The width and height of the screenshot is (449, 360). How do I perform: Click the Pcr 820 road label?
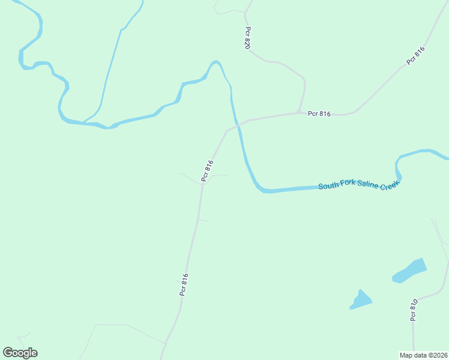point(247,38)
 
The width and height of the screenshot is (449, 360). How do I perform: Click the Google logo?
point(20,352)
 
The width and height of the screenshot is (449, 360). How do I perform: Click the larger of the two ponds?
point(409,270)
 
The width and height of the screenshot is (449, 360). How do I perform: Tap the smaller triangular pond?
point(360,300)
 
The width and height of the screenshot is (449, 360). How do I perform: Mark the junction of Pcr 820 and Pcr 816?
point(298,112)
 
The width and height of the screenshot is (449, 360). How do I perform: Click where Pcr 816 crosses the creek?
point(238,125)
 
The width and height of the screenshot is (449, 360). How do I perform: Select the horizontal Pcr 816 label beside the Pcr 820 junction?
point(319,113)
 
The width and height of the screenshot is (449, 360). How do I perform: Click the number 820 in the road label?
point(247,42)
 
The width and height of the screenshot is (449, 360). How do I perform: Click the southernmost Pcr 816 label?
point(184,284)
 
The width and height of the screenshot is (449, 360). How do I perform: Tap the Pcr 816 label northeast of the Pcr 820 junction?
point(415,55)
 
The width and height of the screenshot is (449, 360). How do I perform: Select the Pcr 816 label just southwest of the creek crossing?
point(207,170)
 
